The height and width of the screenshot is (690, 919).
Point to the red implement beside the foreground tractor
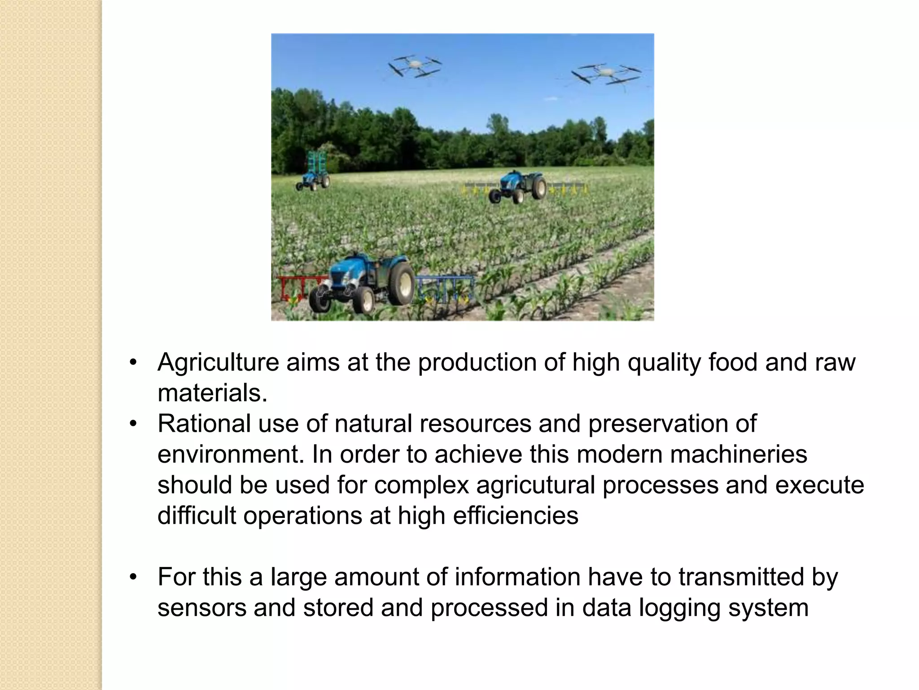pyautogui.click(x=296, y=287)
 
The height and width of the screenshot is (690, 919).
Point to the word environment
pyautogui.click(x=228, y=454)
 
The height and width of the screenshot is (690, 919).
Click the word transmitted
pyautogui.click(x=741, y=577)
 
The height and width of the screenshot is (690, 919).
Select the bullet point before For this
pyautogui.click(x=133, y=577)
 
